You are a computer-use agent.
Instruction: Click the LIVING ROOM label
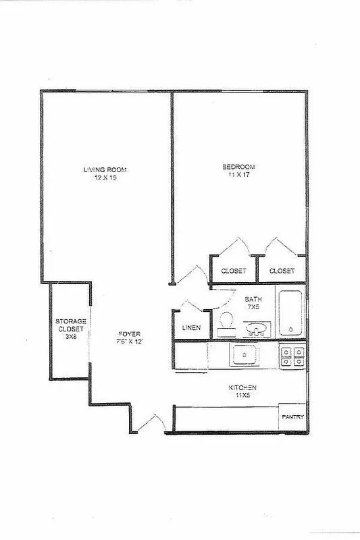105,169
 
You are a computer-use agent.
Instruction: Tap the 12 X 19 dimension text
105,178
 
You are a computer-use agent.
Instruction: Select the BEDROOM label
239,167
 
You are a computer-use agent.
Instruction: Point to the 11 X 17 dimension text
239,175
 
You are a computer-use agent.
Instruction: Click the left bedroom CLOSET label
234,271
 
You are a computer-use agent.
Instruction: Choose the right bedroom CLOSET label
282,271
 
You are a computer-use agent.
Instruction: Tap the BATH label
253,299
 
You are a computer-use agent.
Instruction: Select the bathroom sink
256,329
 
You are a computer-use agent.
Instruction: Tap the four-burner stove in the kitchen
292,356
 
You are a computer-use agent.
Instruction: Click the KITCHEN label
242,387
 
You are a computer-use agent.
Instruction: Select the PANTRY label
293,416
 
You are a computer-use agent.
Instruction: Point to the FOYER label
130,333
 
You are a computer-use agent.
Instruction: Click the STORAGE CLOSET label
70,328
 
